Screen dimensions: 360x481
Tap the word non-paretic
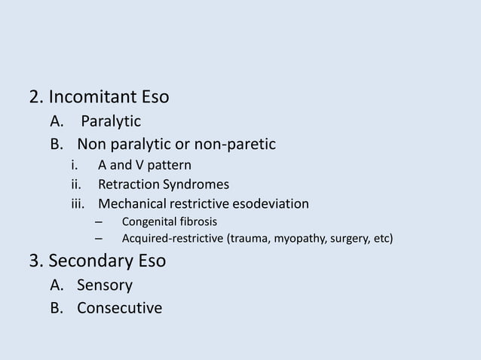[x=234, y=144]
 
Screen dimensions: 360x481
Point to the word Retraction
[x=129, y=185]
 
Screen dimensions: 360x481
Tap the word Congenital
[x=149, y=221]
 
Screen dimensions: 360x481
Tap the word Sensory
[x=105, y=285]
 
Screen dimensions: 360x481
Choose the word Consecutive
[x=119, y=308]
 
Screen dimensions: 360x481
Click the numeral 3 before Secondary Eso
[x=34, y=261]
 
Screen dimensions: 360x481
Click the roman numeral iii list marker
[x=76, y=203]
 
